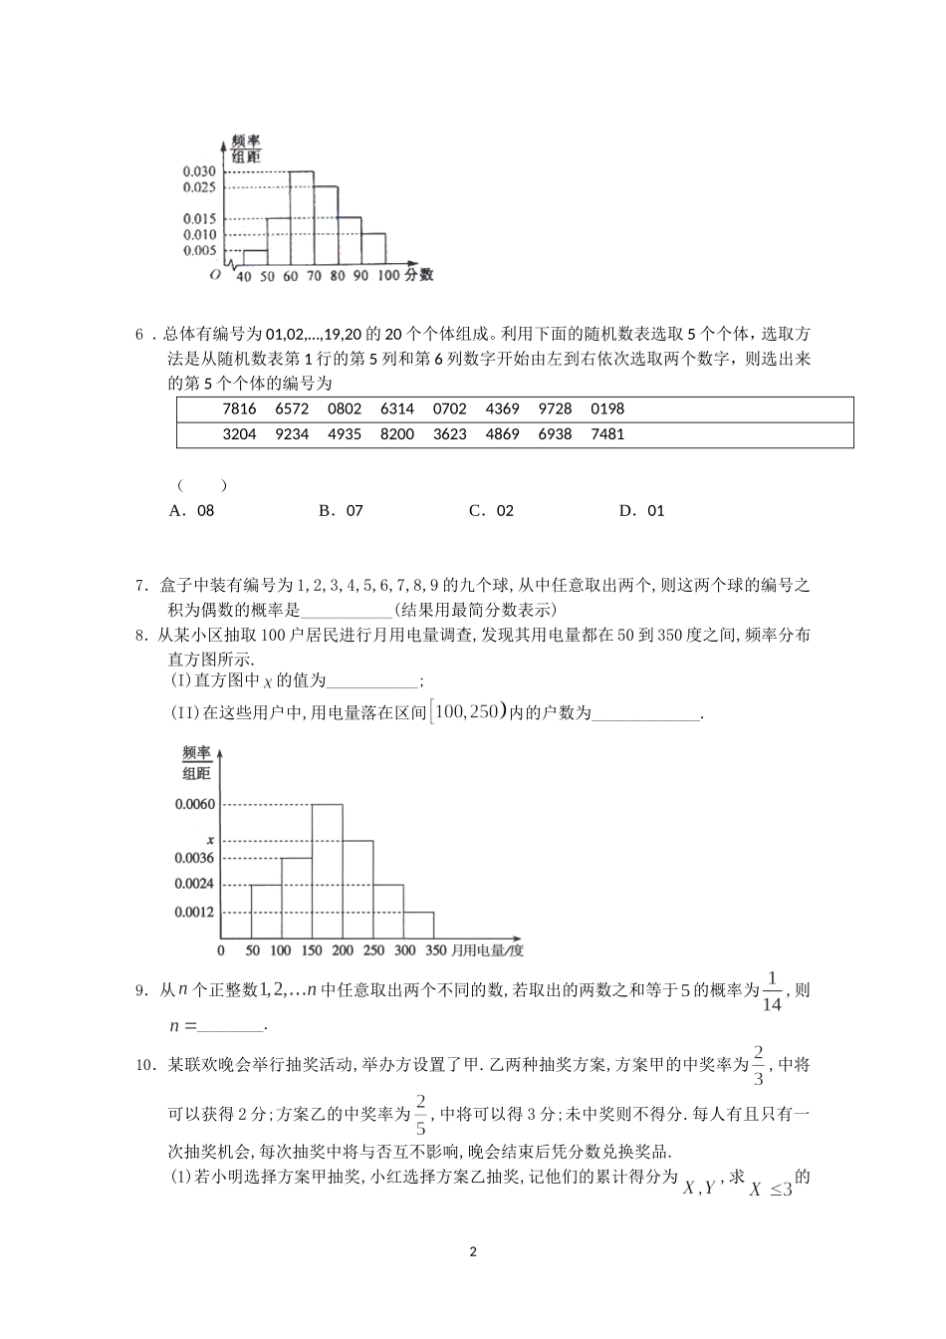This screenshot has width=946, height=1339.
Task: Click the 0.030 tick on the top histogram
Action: (x=199, y=171)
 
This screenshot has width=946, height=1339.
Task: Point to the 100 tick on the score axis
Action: (x=388, y=276)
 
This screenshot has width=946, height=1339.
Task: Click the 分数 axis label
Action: (x=419, y=275)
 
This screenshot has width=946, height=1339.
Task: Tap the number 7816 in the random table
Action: (x=239, y=408)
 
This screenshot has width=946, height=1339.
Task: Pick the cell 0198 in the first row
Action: (x=607, y=408)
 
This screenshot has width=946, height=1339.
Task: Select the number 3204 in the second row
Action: (x=239, y=434)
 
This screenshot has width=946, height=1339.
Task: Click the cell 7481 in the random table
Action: (x=607, y=434)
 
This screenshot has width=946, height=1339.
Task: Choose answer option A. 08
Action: (x=192, y=510)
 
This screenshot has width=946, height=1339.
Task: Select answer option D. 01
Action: (x=641, y=510)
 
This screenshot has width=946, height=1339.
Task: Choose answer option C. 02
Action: (x=491, y=510)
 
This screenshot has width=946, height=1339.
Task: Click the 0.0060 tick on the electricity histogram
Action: (x=194, y=804)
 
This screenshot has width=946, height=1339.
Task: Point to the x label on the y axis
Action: (x=210, y=840)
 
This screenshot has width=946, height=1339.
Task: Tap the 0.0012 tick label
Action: (x=194, y=912)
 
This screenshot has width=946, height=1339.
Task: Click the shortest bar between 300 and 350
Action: (x=419, y=925)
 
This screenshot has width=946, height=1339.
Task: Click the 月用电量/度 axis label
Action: (x=488, y=950)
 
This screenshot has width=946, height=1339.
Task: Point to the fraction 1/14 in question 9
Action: (x=772, y=991)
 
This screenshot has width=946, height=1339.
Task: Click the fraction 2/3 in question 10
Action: (x=759, y=1065)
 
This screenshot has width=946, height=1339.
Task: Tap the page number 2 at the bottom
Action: (x=473, y=1251)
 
